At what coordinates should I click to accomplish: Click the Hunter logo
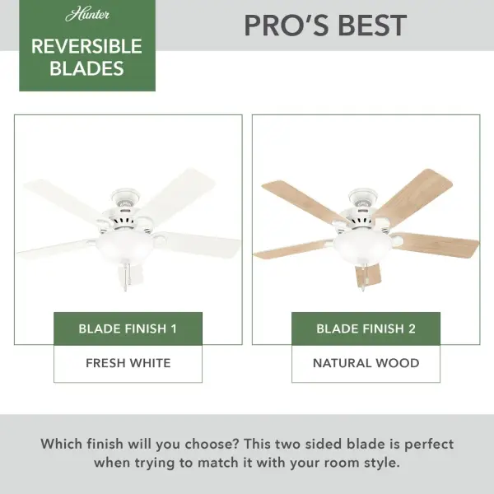86,15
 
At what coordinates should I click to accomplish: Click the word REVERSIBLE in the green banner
86,46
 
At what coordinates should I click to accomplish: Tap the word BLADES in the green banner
86,68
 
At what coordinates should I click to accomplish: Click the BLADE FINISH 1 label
128,329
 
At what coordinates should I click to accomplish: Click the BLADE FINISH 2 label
366,329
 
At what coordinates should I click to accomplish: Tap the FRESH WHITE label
128,362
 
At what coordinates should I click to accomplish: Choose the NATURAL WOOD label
366,362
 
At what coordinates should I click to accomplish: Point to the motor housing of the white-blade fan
127,216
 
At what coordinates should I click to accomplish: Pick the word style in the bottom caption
378,463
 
